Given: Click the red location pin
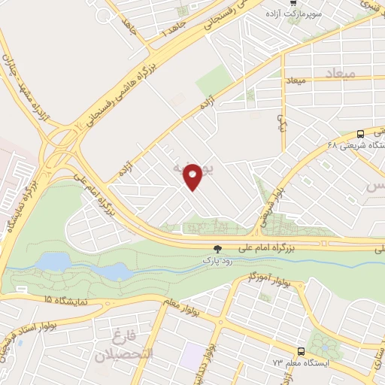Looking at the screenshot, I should tap(193, 177).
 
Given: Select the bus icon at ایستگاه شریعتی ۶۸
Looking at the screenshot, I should tap(361, 133).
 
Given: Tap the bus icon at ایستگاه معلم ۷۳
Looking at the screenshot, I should tap(301, 351).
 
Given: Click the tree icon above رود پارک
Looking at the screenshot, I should tap(218, 247).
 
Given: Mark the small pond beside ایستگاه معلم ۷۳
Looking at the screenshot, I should tap(324, 344).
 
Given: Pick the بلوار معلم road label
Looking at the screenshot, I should tap(180, 305).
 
